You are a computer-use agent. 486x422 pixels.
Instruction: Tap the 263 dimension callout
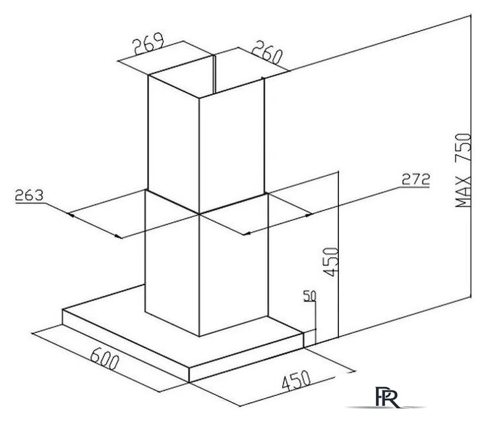[x=29, y=196]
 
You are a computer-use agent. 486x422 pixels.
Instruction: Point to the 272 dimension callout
[x=415, y=179]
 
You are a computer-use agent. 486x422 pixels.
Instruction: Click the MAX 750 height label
[x=463, y=170]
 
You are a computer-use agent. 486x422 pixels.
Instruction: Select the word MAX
[x=463, y=192]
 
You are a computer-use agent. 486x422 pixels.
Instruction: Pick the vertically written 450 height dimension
[x=330, y=262]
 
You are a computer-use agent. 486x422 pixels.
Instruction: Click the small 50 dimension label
[x=309, y=295]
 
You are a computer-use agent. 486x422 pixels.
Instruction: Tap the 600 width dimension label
[x=105, y=359]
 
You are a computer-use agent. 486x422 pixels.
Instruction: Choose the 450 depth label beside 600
[x=296, y=380]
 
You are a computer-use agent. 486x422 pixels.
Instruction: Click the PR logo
[x=386, y=397]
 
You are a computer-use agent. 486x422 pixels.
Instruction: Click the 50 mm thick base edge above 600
[x=126, y=346]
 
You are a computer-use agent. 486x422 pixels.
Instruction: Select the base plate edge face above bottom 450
[x=247, y=357]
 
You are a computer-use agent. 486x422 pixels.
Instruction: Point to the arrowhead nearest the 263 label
[x=71, y=214]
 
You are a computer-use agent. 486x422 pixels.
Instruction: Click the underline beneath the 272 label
[x=415, y=187]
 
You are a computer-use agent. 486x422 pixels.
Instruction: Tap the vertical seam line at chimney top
[x=214, y=75]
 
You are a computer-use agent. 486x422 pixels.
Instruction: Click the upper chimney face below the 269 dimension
[x=173, y=144]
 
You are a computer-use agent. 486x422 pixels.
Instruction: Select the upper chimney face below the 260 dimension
[x=233, y=146]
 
